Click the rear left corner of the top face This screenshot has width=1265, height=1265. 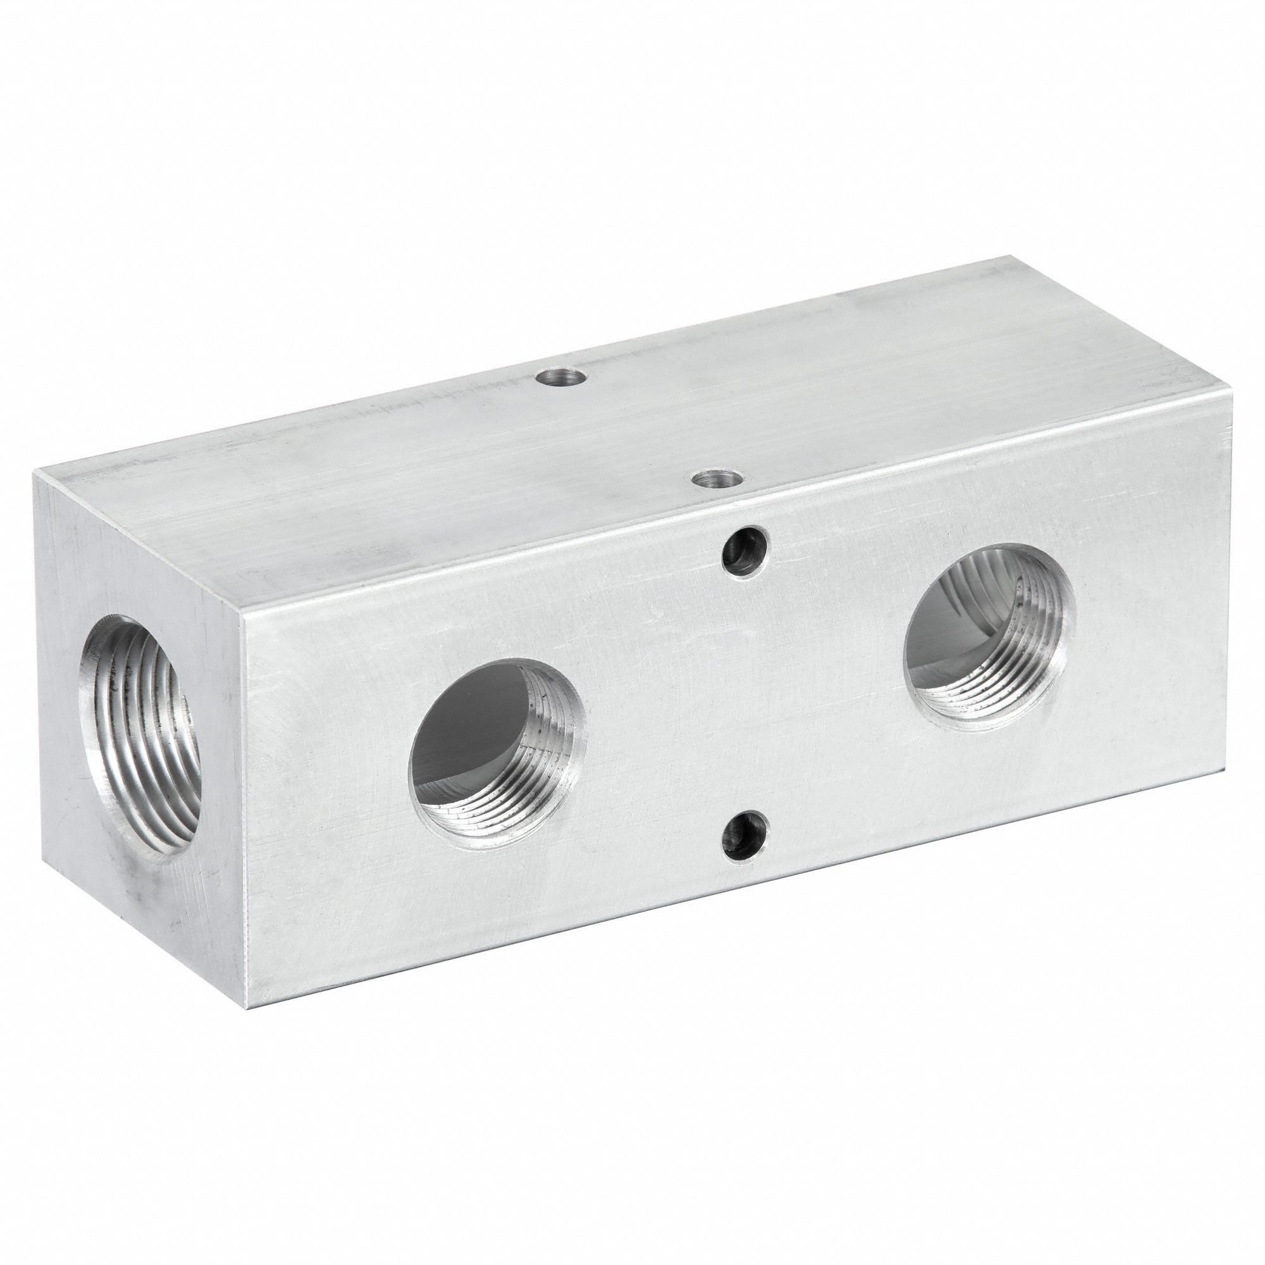click(36, 473)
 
